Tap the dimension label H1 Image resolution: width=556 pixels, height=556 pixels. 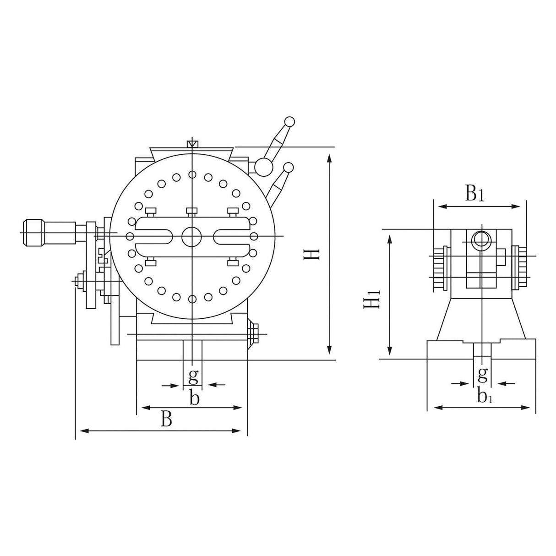pyautogui.click(x=372, y=298)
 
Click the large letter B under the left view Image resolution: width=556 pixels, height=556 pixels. pyautogui.click(x=167, y=419)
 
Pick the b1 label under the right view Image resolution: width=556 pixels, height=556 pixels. pyautogui.click(x=484, y=396)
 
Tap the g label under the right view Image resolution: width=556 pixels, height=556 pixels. pyautogui.click(x=482, y=375)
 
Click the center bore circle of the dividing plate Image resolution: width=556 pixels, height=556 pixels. pyautogui.click(x=192, y=236)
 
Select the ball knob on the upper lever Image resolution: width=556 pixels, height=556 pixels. pyautogui.click(x=289, y=122)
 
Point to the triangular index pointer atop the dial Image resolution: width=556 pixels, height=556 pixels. pyautogui.click(x=192, y=144)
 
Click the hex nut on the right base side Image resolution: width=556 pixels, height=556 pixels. pyautogui.click(x=252, y=333)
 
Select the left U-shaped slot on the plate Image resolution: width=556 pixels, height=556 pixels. pyautogui.click(x=153, y=237)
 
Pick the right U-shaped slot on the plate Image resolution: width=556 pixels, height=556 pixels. pyautogui.click(x=231, y=237)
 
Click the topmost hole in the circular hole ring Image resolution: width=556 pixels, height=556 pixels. pyautogui.click(x=192, y=174)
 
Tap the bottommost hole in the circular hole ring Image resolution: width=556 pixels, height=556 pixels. pyautogui.click(x=192, y=299)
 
